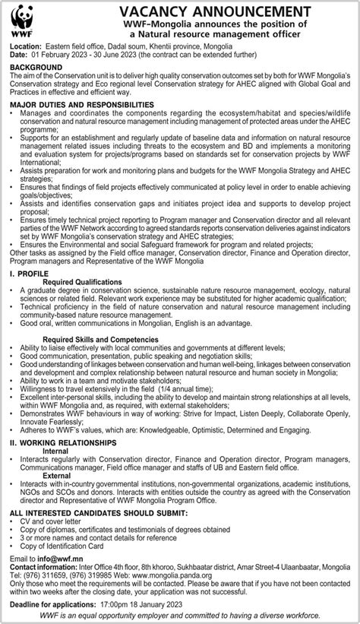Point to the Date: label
[20, 55]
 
